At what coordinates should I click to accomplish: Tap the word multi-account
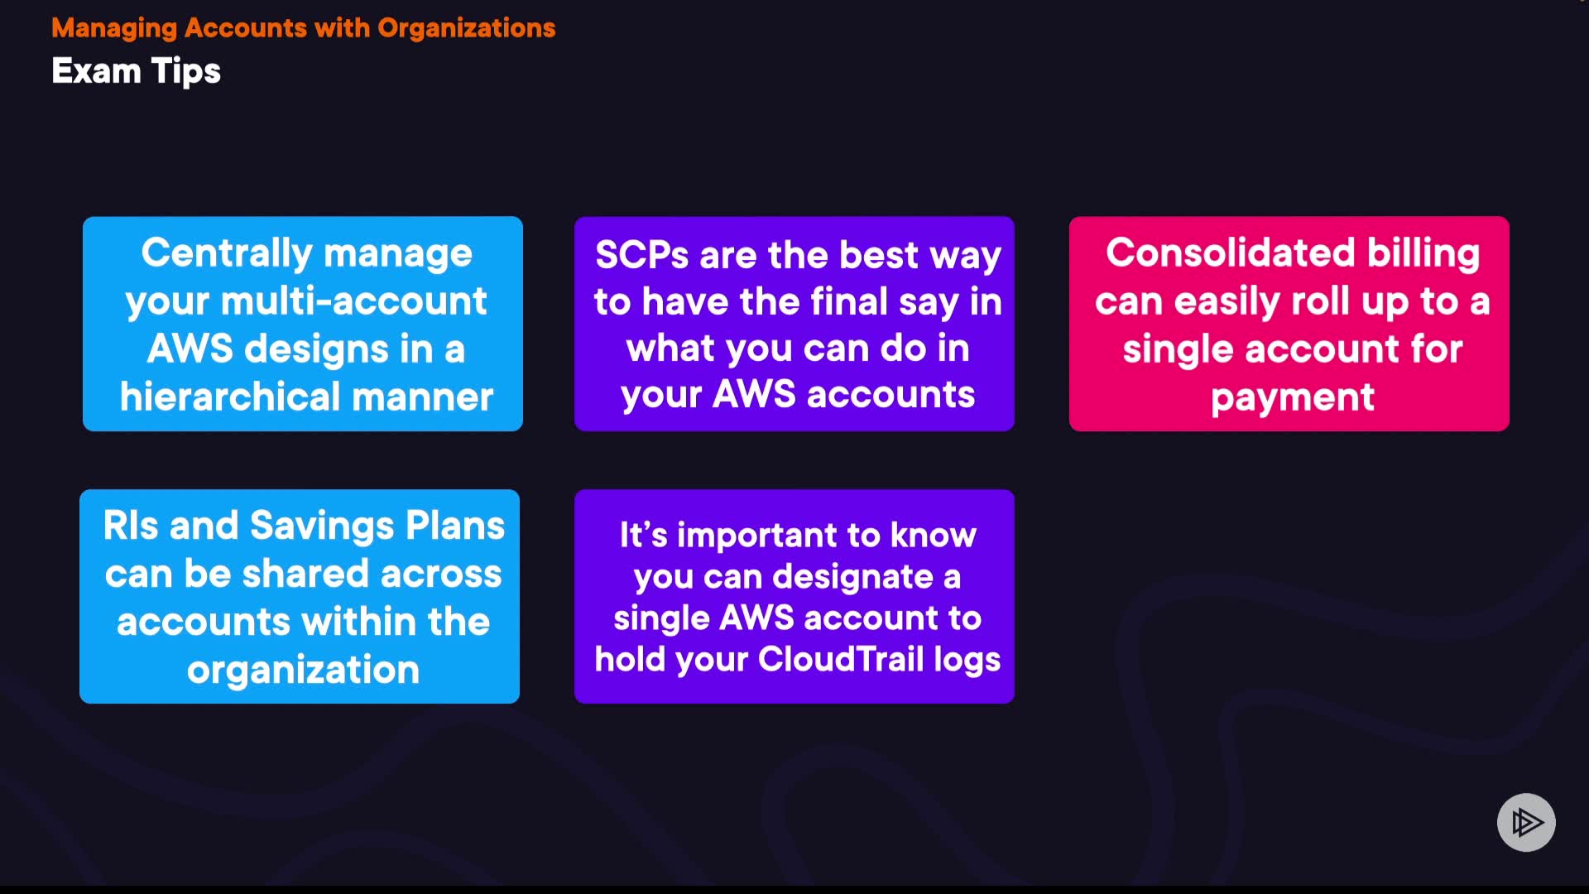[x=353, y=301]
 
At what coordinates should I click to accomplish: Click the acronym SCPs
[x=641, y=255]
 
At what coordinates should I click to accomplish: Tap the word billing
[x=1423, y=253]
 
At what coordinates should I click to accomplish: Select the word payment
[x=1292, y=398]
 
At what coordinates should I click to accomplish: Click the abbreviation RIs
[x=131, y=526]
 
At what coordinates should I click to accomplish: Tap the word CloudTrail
[x=841, y=660]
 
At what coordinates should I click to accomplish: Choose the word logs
[x=967, y=660]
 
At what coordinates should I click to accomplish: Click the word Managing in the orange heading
[x=114, y=29]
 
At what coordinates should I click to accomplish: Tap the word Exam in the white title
[x=96, y=71]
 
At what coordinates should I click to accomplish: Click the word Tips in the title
[x=185, y=72]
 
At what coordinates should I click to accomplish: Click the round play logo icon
[x=1525, y=822]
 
